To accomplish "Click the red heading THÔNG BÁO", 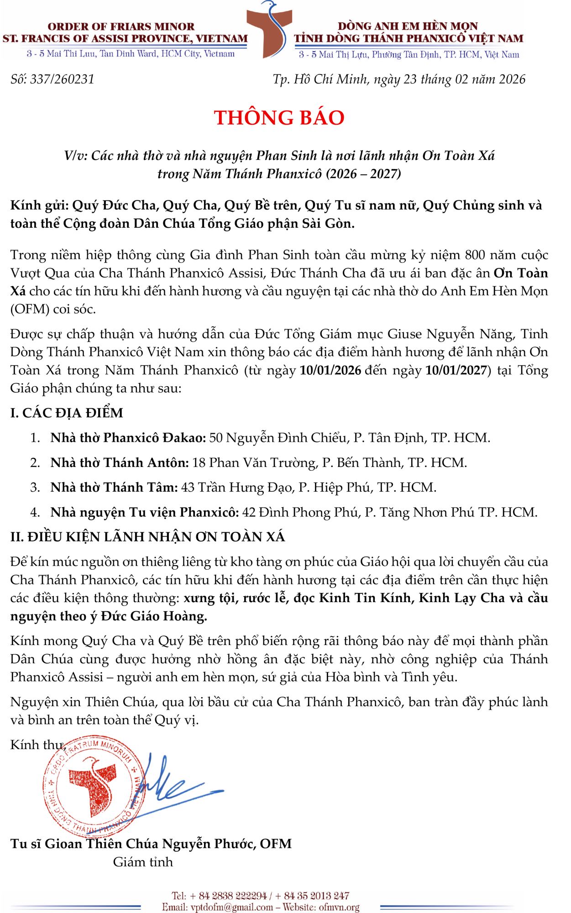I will point(279,118).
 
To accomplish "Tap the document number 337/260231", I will point(62,79).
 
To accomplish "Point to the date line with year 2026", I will point(399,79).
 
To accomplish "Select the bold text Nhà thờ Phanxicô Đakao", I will point(128,438).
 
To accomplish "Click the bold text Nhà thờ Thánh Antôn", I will point(120,462).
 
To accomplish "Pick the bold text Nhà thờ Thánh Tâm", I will point(114,488).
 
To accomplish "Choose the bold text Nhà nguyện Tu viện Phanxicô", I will point(145,512).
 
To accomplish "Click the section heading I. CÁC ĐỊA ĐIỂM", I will point(67,413).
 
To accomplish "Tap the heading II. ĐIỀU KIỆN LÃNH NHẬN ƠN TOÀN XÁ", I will point(147,537).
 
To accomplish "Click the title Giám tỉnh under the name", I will point(143,862).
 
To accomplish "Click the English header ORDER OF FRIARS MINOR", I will point(121,26).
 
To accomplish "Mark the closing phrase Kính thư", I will point(37,745).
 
